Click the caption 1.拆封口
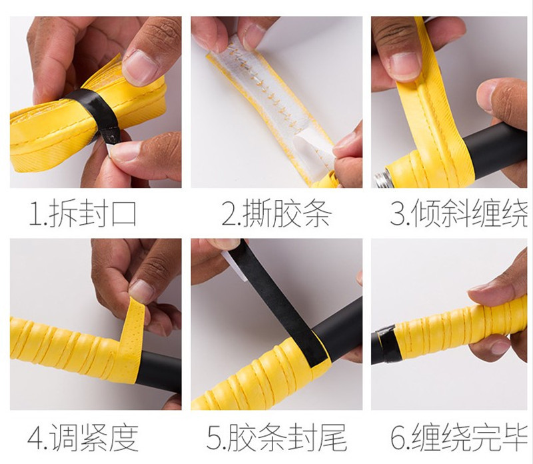83,213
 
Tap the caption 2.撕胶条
276,213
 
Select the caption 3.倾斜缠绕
459,213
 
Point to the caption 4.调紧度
83,437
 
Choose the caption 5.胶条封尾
276,437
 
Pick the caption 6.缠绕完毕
459,437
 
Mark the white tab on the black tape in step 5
235,265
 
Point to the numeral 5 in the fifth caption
214,438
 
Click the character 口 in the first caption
124,214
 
